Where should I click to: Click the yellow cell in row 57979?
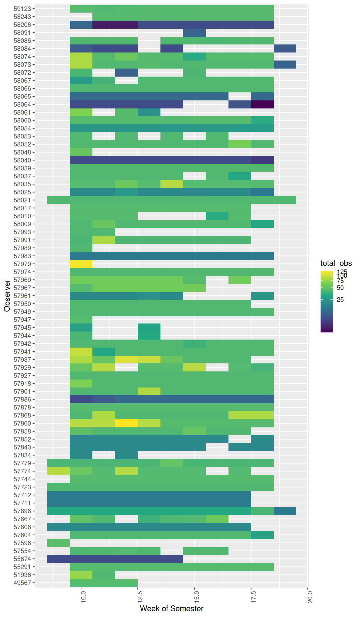[81, 264]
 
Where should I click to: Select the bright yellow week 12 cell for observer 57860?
[126, 423]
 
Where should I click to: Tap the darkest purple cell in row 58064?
[262, 104]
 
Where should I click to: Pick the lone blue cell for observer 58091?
[194, 33]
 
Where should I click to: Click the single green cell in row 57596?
[58, 543]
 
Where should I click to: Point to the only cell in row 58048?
[81, 152]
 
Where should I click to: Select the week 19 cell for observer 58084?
[285, 49]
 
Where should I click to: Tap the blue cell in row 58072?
[126, 73]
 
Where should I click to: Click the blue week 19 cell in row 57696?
[285, 511]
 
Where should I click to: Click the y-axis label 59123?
[22, 9]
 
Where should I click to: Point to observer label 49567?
[22, 583]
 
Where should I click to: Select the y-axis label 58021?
[22, 200]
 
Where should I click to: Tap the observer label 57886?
[22, 399]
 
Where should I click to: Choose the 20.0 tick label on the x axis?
[310, 596]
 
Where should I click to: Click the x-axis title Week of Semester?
[171, 609]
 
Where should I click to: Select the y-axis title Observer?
[7, 296]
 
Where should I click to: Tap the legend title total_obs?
[336, 263]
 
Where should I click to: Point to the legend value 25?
[340, 300]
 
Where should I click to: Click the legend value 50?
[340, 288]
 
